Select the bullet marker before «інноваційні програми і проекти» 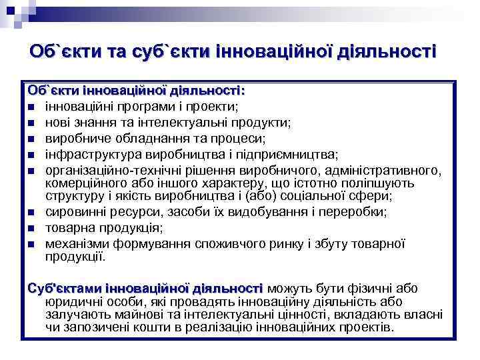(x=31, y=107)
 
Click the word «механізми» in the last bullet (x=74, y=244)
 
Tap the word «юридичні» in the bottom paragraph (x=69, y=302)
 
